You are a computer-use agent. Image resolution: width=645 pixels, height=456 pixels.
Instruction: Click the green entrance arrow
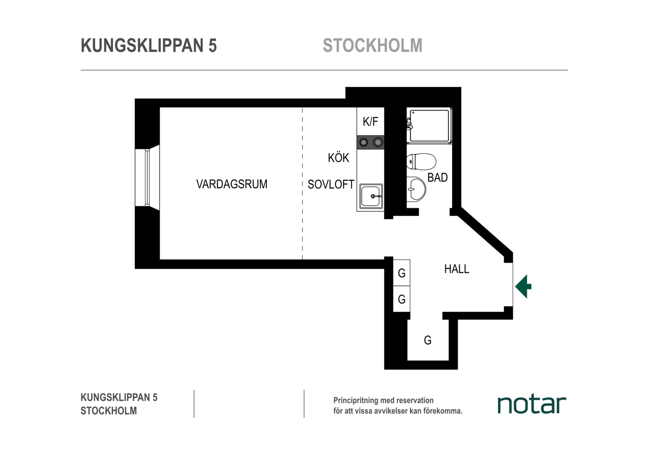click(523, 286)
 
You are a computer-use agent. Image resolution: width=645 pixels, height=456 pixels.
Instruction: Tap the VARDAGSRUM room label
click(232, 184)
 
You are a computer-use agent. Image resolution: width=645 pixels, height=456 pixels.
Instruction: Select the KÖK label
click(339, 157)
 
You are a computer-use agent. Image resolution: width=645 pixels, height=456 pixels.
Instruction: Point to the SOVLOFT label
click(331, 185)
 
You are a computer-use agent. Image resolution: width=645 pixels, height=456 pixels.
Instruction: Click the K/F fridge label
click(370, 122)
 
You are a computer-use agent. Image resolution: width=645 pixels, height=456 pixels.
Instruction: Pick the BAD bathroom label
click(437, 177)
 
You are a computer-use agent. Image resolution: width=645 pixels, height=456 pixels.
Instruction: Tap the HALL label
click(457, 269)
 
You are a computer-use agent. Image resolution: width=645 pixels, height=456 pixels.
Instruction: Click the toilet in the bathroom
click(421, 162)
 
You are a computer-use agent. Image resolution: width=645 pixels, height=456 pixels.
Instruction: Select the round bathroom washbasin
click(416, 189)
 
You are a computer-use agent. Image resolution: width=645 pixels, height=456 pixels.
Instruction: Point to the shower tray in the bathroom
click(429, 126)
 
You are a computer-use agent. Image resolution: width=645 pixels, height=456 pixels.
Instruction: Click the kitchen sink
click(371, 196)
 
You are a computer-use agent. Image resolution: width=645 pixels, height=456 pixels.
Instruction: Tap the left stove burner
click(364, 142)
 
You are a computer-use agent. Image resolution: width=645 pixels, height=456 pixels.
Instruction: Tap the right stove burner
click(378, 142)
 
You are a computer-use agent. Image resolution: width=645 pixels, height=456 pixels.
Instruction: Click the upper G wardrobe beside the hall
click(402, 273)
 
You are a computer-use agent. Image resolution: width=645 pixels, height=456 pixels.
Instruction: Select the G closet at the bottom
click(428, 340)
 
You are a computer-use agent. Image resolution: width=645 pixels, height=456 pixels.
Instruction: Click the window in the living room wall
click(147, 177)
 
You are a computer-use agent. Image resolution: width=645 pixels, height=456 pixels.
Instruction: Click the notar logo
click(532, 405)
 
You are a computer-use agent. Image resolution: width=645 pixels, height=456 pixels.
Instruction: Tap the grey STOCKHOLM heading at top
click(373, 46)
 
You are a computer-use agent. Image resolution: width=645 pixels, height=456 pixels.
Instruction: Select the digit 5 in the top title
click(212, 46)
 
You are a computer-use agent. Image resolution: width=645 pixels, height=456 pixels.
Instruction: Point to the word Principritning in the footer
click(355, 400)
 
